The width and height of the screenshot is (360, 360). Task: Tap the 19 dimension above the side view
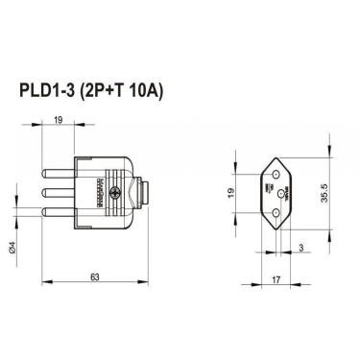(x=59, y=122)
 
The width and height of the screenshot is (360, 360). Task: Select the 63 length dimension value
(x=95, y=276)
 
